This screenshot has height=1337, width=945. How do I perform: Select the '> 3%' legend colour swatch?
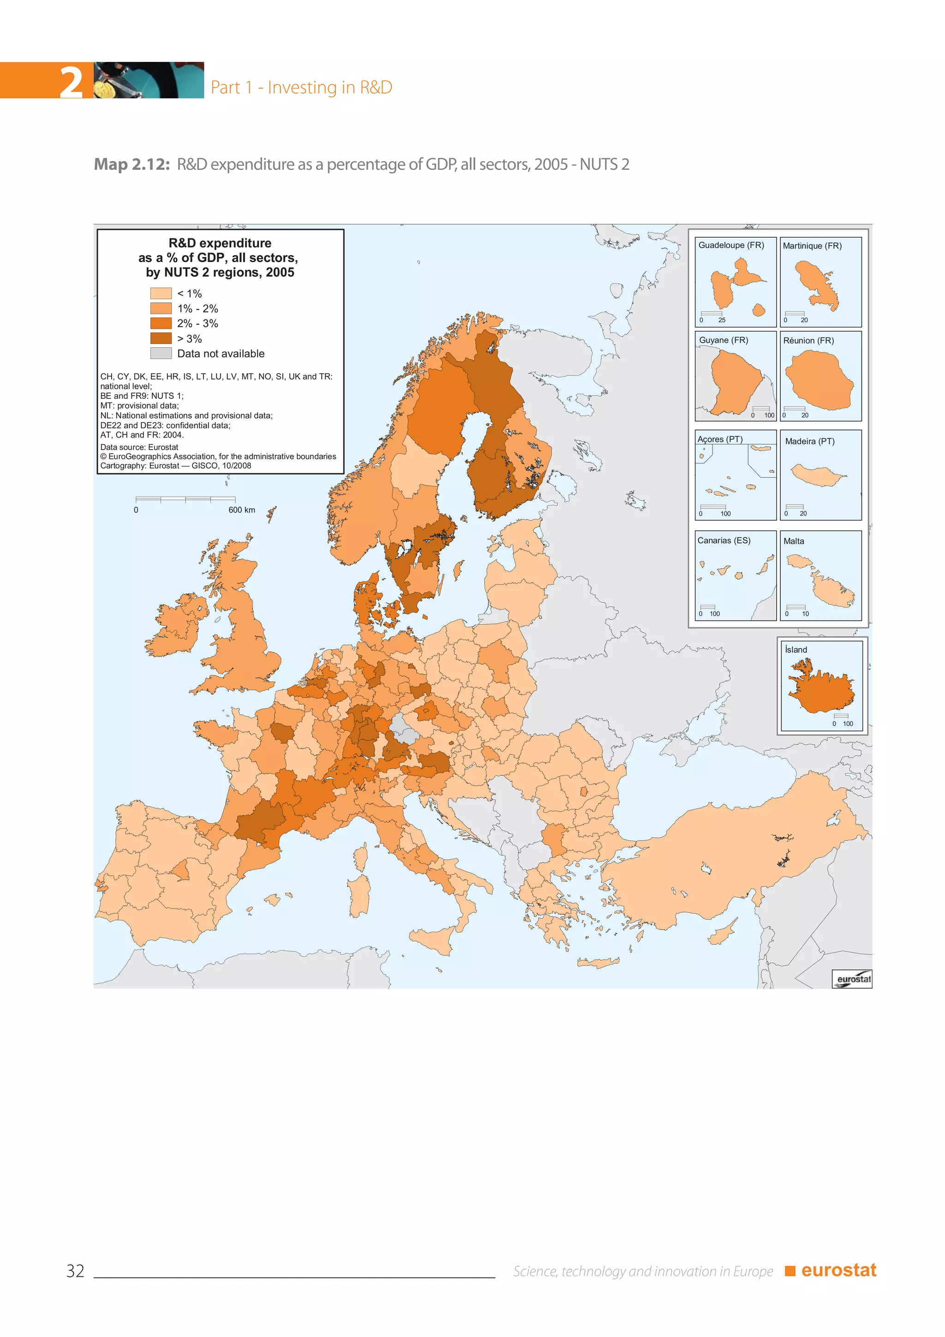[161, 338]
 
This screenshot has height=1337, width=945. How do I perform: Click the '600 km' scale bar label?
[241, 510]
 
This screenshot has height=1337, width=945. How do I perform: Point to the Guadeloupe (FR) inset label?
[731, 245]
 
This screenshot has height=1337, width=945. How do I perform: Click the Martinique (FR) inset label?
[812, 246]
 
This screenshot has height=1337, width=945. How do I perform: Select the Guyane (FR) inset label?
[724, 340]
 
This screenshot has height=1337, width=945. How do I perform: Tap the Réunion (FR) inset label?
[808, 341]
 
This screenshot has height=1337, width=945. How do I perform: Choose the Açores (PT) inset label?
[720, 439]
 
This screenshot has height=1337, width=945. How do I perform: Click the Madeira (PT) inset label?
[809, 441]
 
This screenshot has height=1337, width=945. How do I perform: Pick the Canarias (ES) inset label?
[724, 541]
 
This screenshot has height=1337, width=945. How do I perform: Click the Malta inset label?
[794, 541]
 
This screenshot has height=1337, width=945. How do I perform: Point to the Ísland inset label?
[795, 650]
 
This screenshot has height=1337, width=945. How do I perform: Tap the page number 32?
[75, 1271]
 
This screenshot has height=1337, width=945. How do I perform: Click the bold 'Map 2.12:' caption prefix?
[132, 165]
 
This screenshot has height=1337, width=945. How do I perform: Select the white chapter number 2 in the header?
[71, 82]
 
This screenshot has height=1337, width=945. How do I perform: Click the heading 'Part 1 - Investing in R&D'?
[301, 87]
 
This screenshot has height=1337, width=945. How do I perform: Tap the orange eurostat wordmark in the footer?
[838, 1270]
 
